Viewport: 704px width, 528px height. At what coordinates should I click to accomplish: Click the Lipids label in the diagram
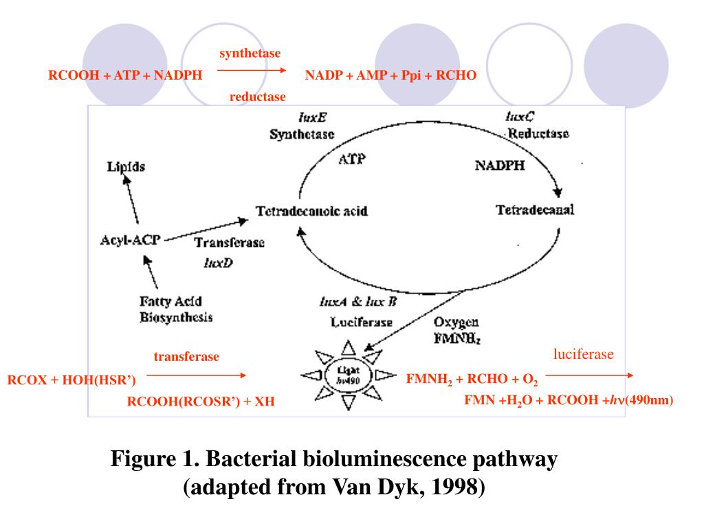(x=126, y=167)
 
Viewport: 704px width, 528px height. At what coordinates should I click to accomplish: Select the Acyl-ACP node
(x=129, y=241)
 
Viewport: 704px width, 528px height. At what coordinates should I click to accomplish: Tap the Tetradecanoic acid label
(x=311, y=211)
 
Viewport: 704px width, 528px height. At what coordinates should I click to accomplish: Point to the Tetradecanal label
(x=535, y=210)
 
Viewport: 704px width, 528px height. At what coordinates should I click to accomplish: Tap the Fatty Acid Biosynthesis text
(x=175, y=309)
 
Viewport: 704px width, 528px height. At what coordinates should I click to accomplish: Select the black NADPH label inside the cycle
(x=500, y=165)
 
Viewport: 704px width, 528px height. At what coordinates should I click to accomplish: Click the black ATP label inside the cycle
(x=352, y=159)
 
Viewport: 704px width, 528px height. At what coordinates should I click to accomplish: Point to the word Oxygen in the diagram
(x=456, y=322)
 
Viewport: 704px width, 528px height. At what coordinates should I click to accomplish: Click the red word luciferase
(x=583, y=355)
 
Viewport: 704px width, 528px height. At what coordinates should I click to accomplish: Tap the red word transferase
(x=186, y=357)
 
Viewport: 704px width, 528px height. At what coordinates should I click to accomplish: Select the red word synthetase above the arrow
(x=250, y=54)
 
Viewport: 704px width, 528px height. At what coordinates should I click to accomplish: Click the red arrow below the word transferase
(x=196, y=375)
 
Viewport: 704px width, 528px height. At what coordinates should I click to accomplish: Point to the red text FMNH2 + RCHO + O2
(x=472, y=379)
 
